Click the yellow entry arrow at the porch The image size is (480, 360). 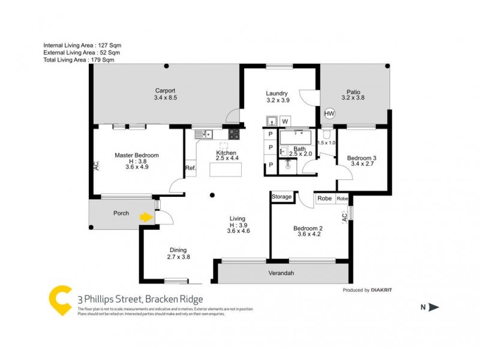point(145,217)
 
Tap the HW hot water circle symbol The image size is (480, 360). point(329,113)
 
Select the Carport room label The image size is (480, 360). point(165,91)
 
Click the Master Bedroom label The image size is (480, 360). point(137,155)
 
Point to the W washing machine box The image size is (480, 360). point(285,121)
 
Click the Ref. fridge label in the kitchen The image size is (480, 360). point(191,167)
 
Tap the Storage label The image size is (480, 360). point(281,197)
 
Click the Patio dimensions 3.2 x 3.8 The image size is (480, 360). point(353,97)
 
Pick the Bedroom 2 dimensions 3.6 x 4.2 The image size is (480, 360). point(308,235)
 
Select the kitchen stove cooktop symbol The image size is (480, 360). point(234,134)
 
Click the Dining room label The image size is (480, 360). point(178,250)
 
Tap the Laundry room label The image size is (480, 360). point(277,93)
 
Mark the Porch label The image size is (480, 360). point(121,213)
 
